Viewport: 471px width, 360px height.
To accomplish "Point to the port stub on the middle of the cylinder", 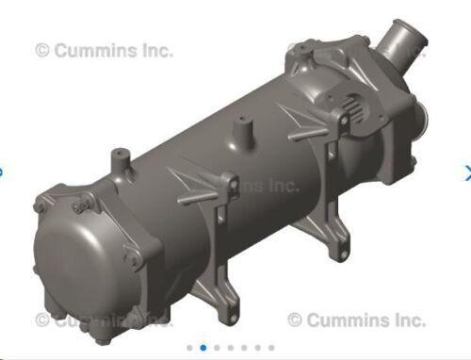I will (243, 126).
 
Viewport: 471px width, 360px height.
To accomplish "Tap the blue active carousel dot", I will (203, 348).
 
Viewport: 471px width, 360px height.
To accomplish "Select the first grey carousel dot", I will (189, 348).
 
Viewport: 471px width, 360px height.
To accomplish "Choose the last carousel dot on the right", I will (271, 348).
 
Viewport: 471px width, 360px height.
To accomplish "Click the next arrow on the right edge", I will (466, 172).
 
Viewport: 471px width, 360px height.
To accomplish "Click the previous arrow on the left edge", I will (3, 172).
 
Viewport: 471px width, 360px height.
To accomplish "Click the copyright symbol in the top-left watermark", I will (42, 51).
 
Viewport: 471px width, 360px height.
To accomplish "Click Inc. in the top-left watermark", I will (155, 51).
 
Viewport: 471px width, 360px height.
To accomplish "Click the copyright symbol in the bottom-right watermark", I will (295, 320).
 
